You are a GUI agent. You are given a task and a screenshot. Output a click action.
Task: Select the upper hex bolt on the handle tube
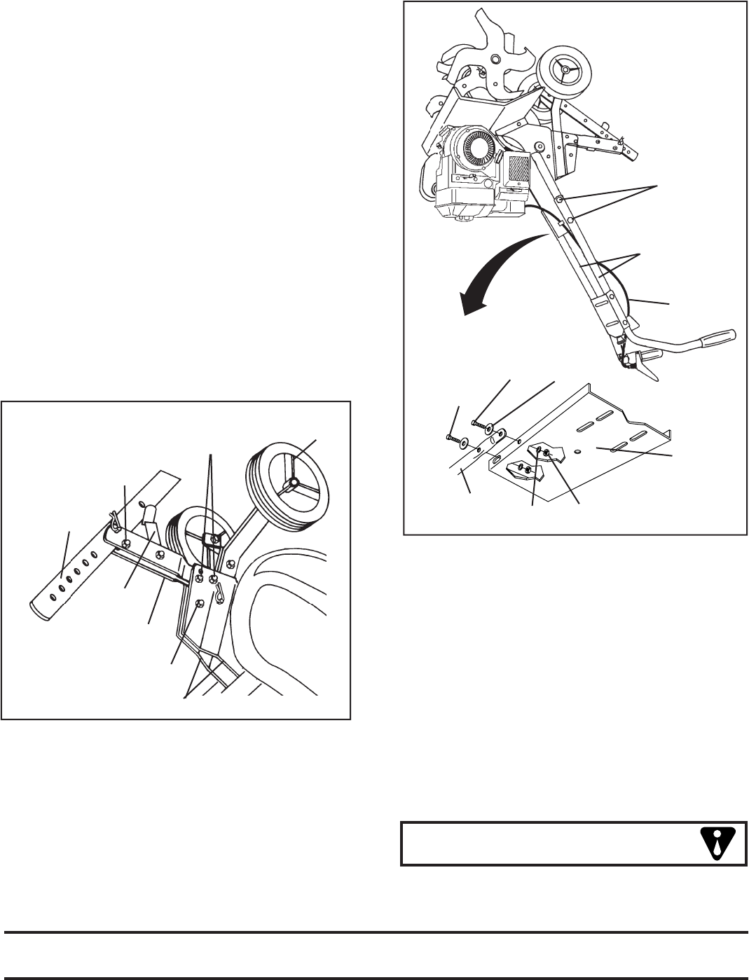click(x=560, y=201)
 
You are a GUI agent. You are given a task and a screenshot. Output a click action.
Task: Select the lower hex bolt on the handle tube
click(x=571, y=219)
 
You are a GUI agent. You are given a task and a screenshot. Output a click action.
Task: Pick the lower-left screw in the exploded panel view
click(x=451, y=437)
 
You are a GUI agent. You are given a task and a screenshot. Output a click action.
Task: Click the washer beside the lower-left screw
click(x=464, y=443)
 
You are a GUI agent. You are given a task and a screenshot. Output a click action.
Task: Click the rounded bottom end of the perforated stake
click(x=43, y=610)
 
